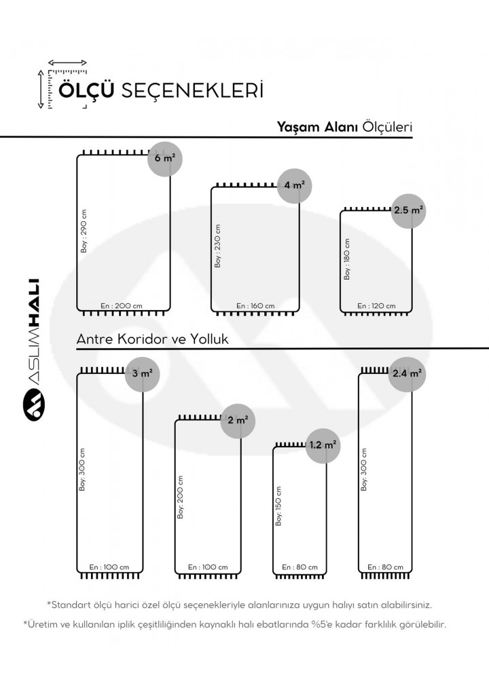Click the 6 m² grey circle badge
pos(165,159)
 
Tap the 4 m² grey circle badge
pos(294,186)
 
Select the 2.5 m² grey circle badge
pos(408,211)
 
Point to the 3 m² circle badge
pos(143,374)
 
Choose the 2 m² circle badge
pos(238,421)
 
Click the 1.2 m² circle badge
pos(323,445)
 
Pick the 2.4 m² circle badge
pos(407,374)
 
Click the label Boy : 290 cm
pos(84,231)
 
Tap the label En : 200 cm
pos(122,306)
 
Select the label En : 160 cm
pos(255,306)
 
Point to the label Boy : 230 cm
pos(218,246)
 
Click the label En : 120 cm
pos(377,306)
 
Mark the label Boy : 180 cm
pos(347,259)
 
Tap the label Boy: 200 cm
pos(181,497)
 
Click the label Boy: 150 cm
pos(278,506)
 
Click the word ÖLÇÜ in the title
pos(87,90)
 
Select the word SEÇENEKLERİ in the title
pos(192,90)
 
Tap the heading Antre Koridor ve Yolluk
pos(152,339)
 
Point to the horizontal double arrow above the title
pos(67,63)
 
